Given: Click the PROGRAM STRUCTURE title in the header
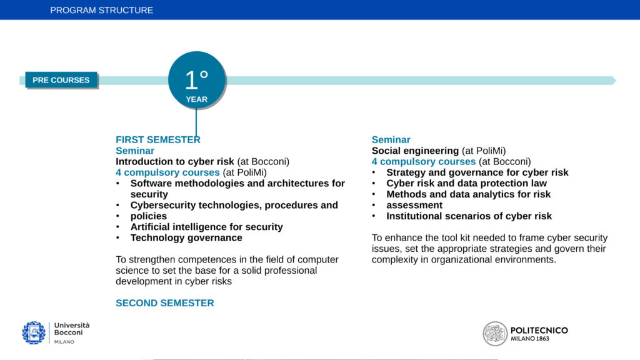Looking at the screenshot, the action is point(102,10).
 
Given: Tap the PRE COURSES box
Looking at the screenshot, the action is point(61,80).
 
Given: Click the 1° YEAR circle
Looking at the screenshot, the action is point(197,80).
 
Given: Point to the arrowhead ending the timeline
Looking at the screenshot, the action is point(614,81).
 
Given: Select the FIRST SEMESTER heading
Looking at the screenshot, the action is point(158,139).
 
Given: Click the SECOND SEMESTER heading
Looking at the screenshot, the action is point(165,303).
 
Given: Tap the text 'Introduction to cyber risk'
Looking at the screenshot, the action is point(175,162).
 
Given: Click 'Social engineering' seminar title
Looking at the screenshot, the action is point(415,151).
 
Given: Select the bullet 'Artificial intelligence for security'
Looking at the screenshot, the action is point(206,227).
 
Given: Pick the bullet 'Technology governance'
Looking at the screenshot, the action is point(186,237).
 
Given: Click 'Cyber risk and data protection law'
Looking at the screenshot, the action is point(466,183).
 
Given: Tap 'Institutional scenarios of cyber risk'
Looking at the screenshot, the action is point(469,216).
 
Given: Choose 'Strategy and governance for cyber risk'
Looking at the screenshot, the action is point(477,172).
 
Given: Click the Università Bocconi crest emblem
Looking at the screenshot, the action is point(34,332).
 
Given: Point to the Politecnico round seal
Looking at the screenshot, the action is point(495,334).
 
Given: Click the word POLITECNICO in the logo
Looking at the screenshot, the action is point(539,330).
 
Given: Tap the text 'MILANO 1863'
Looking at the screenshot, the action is point(530,339).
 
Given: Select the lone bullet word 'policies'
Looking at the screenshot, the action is point(149,216).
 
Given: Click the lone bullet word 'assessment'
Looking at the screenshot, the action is point(414,205).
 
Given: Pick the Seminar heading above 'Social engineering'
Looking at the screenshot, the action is point(391,139).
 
